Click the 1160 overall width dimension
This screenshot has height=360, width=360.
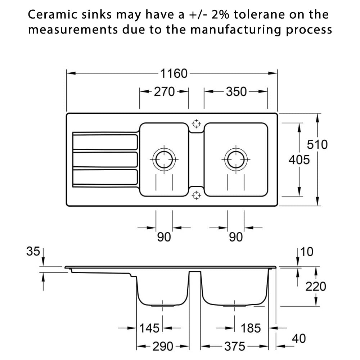[174, 73]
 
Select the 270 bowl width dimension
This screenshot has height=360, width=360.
[164, 92]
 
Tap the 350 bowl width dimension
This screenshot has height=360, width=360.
[236, 92]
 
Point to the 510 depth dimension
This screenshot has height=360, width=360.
[317, 145]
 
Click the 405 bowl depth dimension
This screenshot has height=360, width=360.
[299, 159]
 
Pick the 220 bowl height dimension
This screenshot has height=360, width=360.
[316, 287]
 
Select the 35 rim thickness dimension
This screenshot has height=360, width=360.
[33, 252]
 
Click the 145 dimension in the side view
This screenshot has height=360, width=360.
[149, 328]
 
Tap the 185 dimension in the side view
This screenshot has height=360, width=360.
[250, 328]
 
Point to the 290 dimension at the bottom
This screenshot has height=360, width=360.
[163, 347]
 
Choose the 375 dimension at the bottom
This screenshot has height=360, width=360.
[235, 347]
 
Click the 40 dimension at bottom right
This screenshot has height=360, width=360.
[298, 338]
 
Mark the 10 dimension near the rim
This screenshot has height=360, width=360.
[307, 252]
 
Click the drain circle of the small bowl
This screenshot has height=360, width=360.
[164, 159]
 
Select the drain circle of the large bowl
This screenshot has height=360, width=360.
[236, 159]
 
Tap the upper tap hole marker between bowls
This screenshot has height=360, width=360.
[196, 123]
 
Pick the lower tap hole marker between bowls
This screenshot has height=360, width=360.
[196, 195]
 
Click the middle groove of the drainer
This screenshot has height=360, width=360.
[105, 159]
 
